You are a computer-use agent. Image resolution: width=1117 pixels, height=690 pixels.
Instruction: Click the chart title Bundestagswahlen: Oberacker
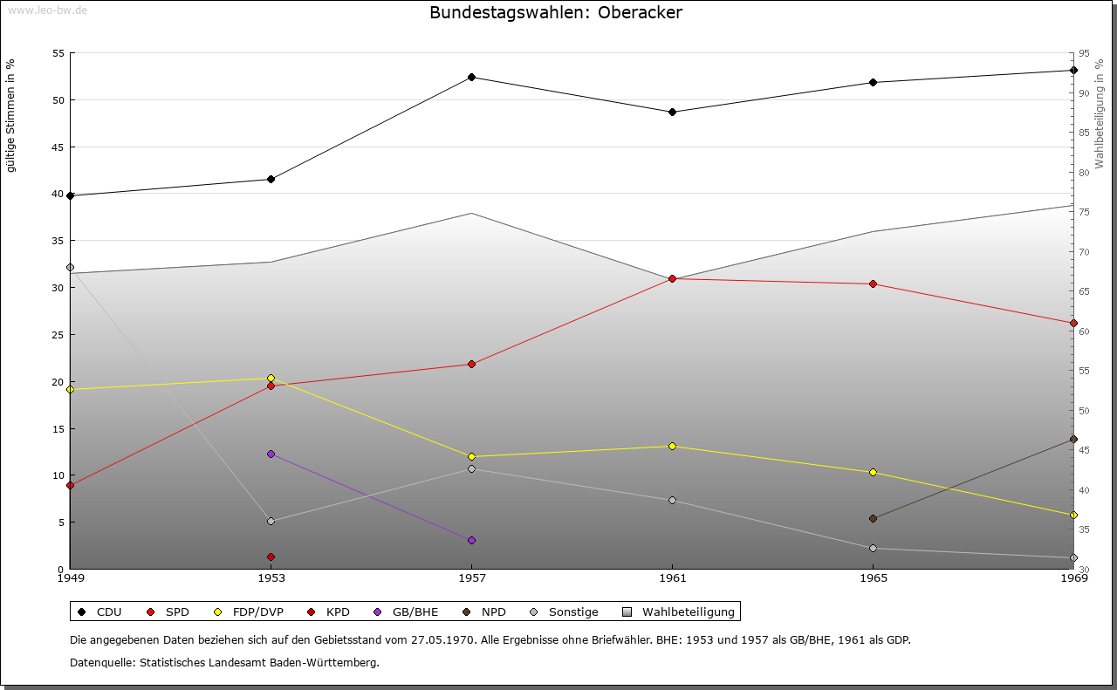[556, 13]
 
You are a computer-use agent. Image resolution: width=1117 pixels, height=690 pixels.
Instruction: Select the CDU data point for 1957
[472, 78]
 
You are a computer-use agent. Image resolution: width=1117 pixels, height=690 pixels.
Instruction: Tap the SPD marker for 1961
[672, 279]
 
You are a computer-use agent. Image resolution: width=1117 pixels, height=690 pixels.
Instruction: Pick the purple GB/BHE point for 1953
[271, 454]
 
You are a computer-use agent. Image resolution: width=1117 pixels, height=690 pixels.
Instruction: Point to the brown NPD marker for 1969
[1073, 440]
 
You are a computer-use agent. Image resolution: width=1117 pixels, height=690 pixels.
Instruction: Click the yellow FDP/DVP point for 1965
[873, 473]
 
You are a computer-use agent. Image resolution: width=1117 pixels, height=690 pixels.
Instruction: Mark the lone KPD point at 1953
[271, 557]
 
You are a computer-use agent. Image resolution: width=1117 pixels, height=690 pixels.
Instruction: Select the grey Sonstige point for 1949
[71, 268]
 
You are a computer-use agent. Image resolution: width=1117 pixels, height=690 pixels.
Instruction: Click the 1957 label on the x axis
[472, 577]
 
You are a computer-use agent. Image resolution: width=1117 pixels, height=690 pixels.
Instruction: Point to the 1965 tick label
[873, 577]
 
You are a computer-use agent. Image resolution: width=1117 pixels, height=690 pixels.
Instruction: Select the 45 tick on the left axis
[58, 147]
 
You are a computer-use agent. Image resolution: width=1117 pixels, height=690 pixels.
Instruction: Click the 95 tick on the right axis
[1083, 53]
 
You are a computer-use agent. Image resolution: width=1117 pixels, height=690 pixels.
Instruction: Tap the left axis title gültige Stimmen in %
[11, 115]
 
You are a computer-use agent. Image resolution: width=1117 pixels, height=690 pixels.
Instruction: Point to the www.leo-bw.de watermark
[47, 10]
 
